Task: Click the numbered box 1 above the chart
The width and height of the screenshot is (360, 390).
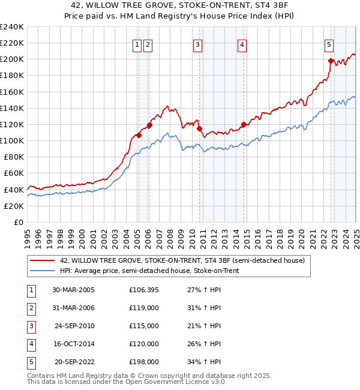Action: click(x=137, y=44)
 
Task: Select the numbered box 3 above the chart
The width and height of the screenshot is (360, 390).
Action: click(x=197, y=44)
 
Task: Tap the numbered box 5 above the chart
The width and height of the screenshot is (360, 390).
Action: click(x=329, y=44)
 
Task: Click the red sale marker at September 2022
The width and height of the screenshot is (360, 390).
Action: click(x=331, y=61)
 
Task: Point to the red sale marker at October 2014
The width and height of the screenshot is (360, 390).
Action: click(x=244, y=125)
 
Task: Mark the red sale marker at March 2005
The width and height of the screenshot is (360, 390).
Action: click(x=139, y=135)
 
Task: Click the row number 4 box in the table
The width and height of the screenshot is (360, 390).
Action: click(x=30, y=344)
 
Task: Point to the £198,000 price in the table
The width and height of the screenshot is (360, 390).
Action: click(x=144, y=362)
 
